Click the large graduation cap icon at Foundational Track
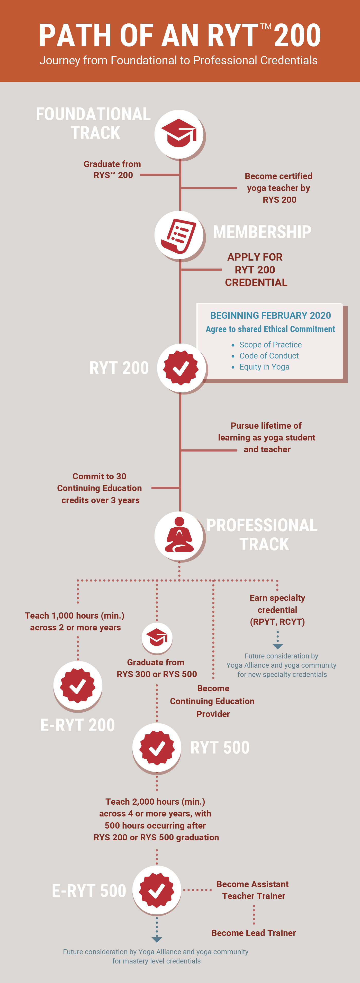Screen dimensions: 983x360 (179, 134)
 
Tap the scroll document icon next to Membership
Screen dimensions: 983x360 (179, 235)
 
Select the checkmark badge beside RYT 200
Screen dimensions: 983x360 (181, 368)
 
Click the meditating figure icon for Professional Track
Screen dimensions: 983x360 (179, 535)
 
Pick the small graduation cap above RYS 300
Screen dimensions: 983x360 (157, 637)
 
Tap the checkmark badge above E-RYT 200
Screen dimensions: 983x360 (78, 685)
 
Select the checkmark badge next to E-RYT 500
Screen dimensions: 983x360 (157, 890)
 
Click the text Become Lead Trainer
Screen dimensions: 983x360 (254, 933)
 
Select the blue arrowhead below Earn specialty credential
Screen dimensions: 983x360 (277, 646)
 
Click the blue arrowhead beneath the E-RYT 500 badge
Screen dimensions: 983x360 (157, 939)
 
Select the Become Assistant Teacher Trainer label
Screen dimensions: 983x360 (253, 890)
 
